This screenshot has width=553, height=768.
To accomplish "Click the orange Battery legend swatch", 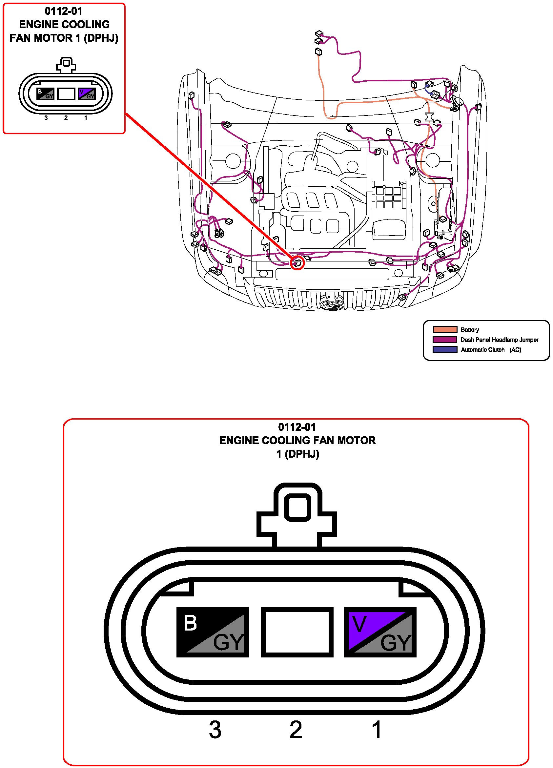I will coord(445,329).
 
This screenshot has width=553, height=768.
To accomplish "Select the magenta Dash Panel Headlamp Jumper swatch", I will coord(445,340).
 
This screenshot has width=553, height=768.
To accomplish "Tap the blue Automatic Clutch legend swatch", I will coord(445,350).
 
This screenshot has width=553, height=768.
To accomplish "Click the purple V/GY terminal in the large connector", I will coord(380,632).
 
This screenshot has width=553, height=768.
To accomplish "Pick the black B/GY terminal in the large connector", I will coord(212,632).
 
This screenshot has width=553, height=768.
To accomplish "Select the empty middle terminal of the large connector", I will coord(297,632).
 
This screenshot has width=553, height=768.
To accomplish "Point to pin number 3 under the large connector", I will coord(215,730).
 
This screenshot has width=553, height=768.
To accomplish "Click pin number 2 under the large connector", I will coord(296,730).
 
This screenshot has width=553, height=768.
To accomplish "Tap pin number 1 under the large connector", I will coord(377,730).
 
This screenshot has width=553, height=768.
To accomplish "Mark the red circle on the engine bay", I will coord(297,263).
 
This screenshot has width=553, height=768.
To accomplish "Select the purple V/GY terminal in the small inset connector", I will coord(87,94).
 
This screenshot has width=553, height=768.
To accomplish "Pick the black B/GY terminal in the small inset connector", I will coord(45,94).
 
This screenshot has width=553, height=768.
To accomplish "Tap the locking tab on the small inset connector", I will coord(66,64).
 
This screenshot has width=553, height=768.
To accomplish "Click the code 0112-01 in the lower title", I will coord(297,427).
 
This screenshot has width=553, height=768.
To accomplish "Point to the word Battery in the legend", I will coord(470,330).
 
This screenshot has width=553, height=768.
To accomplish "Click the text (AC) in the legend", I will coord(515,350).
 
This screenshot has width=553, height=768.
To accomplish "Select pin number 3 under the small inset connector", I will coord(46,118).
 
